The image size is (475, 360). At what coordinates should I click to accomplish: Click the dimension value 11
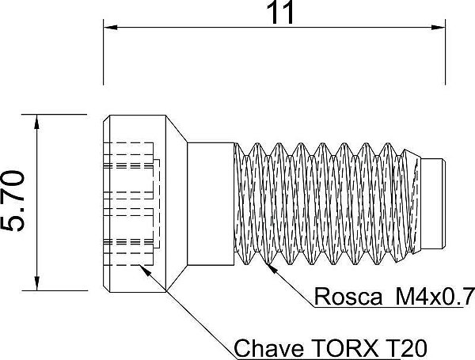point(273,13)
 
